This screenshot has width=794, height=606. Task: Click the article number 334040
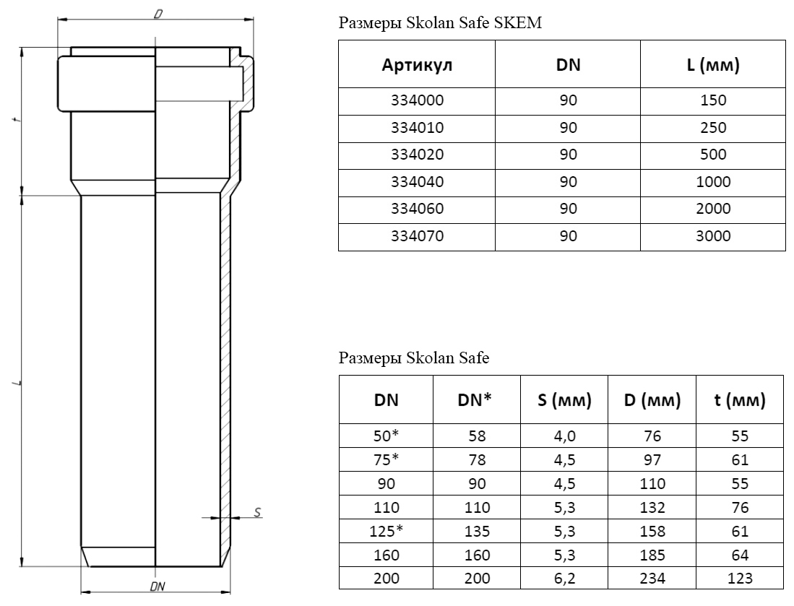[417, 182]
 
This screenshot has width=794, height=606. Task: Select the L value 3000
[713, 236]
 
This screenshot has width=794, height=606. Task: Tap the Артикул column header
[417, 65]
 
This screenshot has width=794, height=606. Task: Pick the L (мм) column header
[713, 65]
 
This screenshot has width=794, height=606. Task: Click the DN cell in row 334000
[568, 100]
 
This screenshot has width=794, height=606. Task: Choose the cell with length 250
[713, 128]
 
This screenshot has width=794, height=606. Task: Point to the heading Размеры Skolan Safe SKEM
[440, 23]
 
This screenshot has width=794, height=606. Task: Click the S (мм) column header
[564, 400]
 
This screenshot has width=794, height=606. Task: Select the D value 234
[652, 578]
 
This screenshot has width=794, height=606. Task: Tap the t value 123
[740, 578]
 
